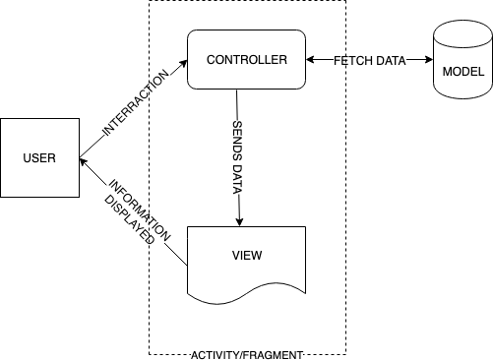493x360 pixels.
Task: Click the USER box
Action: (39, 157)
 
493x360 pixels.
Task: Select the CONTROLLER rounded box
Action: (246, 74)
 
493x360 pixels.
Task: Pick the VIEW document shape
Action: (246, 261)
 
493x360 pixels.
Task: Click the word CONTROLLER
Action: (246, 60)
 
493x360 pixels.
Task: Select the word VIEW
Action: (246, 255)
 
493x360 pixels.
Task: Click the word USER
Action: (39, 157)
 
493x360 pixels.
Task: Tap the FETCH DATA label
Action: (369, 60)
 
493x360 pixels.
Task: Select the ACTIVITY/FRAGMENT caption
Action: (247, 353)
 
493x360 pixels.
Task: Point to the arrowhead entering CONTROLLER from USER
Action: (182, 63)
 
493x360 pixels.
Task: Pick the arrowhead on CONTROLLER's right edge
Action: (310, 60)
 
